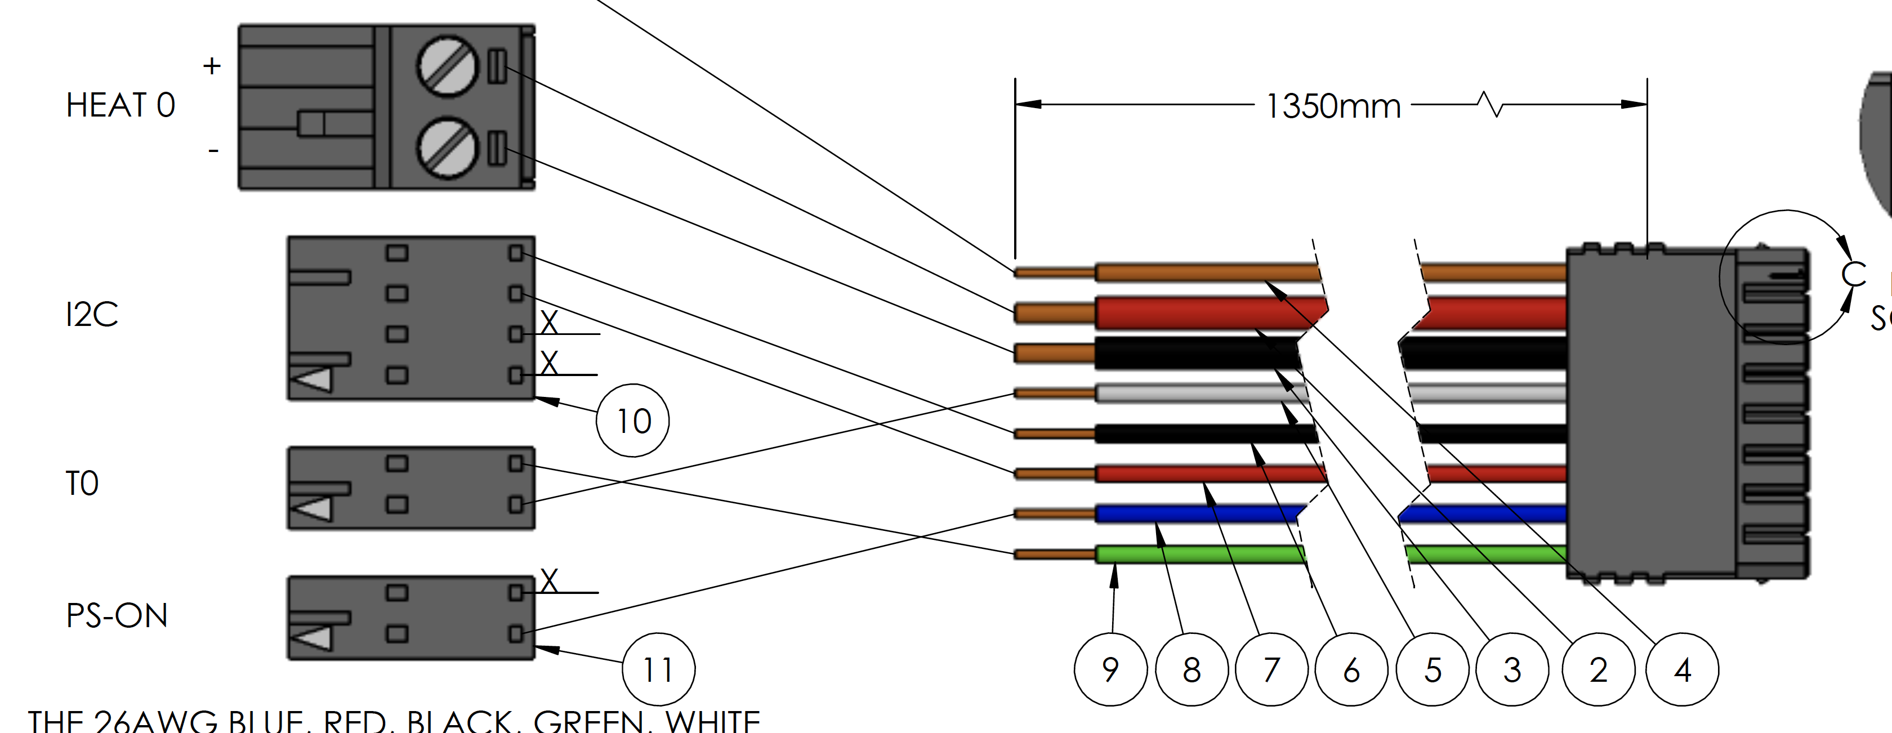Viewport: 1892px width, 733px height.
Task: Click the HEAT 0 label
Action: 121,106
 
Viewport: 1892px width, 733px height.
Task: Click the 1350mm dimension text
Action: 1333,106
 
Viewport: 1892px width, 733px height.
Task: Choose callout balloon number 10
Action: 632,421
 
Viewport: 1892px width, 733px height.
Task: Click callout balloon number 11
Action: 658,669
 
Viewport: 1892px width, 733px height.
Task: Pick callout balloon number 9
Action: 1110,669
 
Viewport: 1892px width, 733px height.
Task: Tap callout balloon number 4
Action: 1682,669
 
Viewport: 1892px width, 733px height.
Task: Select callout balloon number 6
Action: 1351,669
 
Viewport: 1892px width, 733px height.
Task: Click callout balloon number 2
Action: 1598,669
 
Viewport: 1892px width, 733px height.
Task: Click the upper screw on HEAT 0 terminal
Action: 447,66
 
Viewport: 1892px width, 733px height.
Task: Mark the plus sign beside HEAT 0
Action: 212,66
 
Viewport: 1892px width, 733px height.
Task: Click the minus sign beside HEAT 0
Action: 213,150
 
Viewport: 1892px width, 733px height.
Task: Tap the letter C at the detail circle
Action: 1853,274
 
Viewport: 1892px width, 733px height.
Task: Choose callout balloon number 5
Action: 1432,669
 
